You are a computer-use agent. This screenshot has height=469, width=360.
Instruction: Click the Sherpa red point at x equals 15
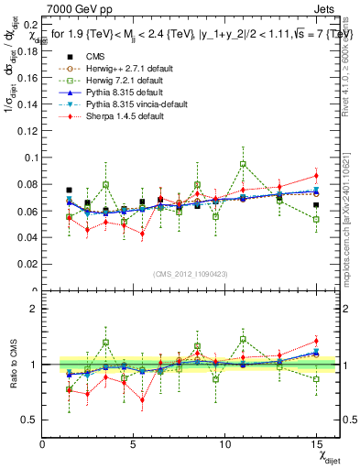[316, 175]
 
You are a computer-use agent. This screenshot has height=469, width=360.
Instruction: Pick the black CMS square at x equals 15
[316, 205]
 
